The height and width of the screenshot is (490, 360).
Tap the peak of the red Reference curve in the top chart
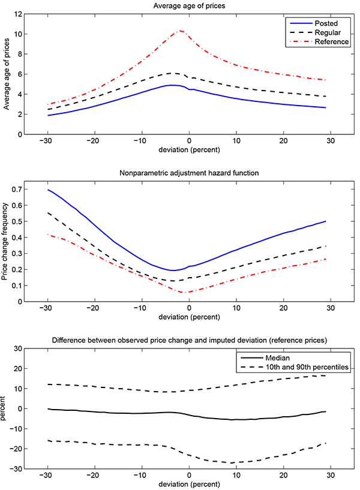click(x=180, y=31)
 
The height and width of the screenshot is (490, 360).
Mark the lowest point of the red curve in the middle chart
click(x=186, y=293)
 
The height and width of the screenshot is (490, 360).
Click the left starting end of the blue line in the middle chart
click(x=48, y=190)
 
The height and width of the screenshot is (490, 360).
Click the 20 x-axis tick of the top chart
click(x=283, y=142)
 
